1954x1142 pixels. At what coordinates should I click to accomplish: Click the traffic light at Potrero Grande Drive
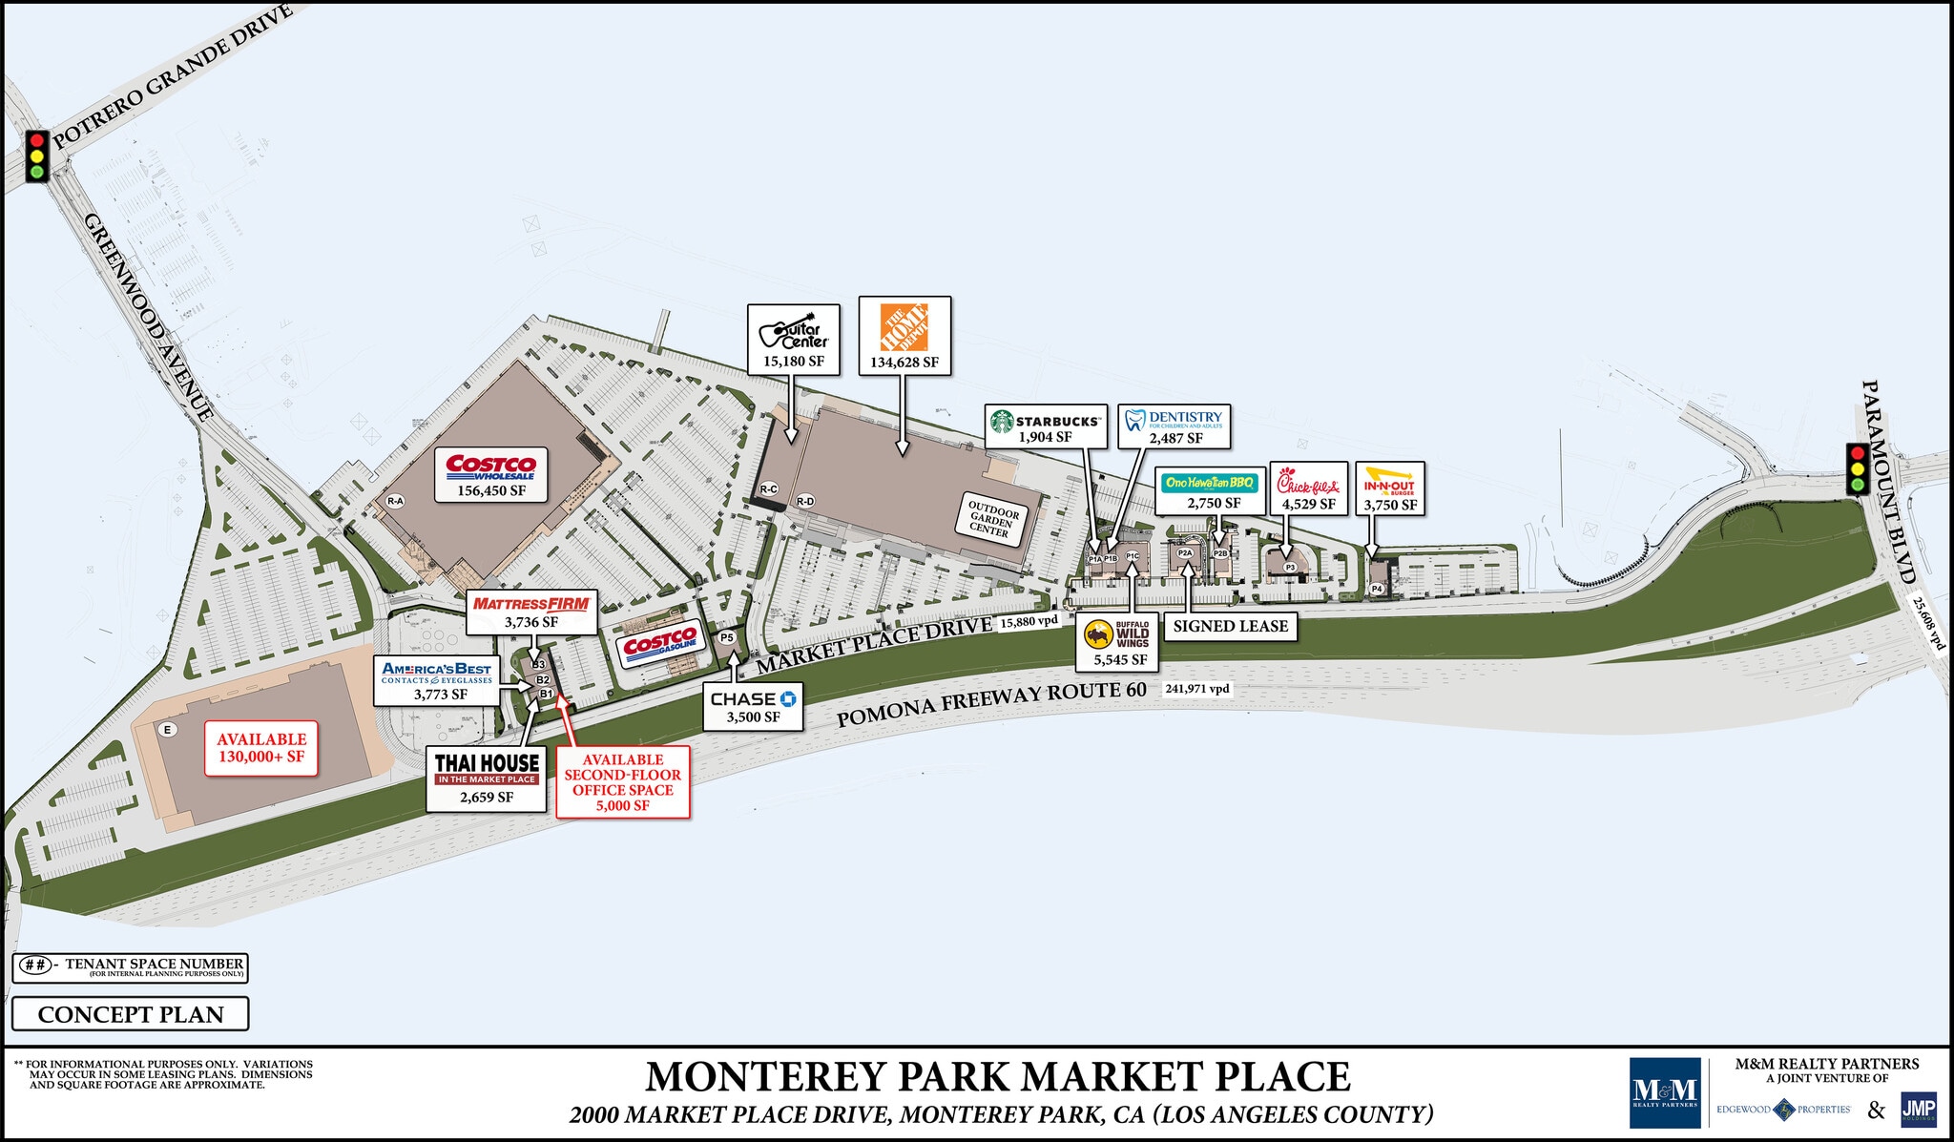[37, 156]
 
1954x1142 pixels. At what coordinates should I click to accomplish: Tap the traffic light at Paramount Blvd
[1858, 469]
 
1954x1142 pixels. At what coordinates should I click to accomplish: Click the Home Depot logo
[904, 328]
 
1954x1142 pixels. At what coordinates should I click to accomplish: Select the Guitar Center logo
[794, 331]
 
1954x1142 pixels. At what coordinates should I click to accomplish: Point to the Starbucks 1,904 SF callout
[1046, 426]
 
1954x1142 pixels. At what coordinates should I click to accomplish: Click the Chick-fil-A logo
[1308, 483]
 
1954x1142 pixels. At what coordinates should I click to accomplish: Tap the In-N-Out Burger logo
[1389, 481]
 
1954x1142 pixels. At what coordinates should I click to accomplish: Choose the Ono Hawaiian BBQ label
[1210, 483]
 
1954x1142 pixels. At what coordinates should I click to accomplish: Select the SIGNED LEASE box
[1230, 626]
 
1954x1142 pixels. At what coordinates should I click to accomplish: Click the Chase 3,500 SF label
[753, 707]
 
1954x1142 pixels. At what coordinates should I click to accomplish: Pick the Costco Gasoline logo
[659, 645]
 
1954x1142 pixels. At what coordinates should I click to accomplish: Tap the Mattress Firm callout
[531, 612]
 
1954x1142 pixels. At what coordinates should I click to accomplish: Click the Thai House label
[487, 779]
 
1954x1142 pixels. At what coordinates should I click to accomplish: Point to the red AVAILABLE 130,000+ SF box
[261, 747]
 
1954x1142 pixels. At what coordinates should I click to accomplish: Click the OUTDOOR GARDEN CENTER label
[992, 518]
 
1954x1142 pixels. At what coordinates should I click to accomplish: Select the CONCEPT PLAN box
[131, 1014]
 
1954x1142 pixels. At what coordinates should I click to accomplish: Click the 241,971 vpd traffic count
[1197, 689]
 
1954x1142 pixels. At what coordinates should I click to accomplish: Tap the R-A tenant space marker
[395, 501]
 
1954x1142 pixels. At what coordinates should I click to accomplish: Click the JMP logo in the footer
[1918, 1110]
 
